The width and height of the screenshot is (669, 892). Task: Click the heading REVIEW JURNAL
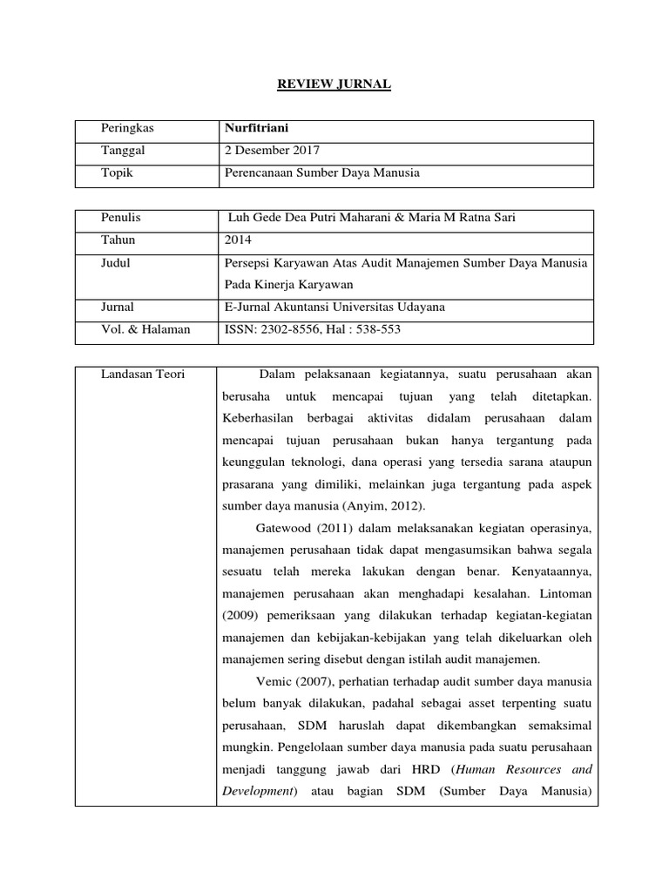(334, 84)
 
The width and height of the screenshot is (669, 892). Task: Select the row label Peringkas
(126, 128)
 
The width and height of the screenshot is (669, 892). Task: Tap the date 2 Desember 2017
(271, 151)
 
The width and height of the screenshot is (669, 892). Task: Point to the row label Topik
(118, 172)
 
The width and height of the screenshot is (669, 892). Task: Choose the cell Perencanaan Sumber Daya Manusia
(321, 172)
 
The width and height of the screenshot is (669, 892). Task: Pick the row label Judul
(117, 262)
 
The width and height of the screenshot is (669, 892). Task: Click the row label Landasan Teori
(142, 375)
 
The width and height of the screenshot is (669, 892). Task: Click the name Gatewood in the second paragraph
(282, 528)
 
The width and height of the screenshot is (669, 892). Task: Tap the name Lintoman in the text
(564, 596)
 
